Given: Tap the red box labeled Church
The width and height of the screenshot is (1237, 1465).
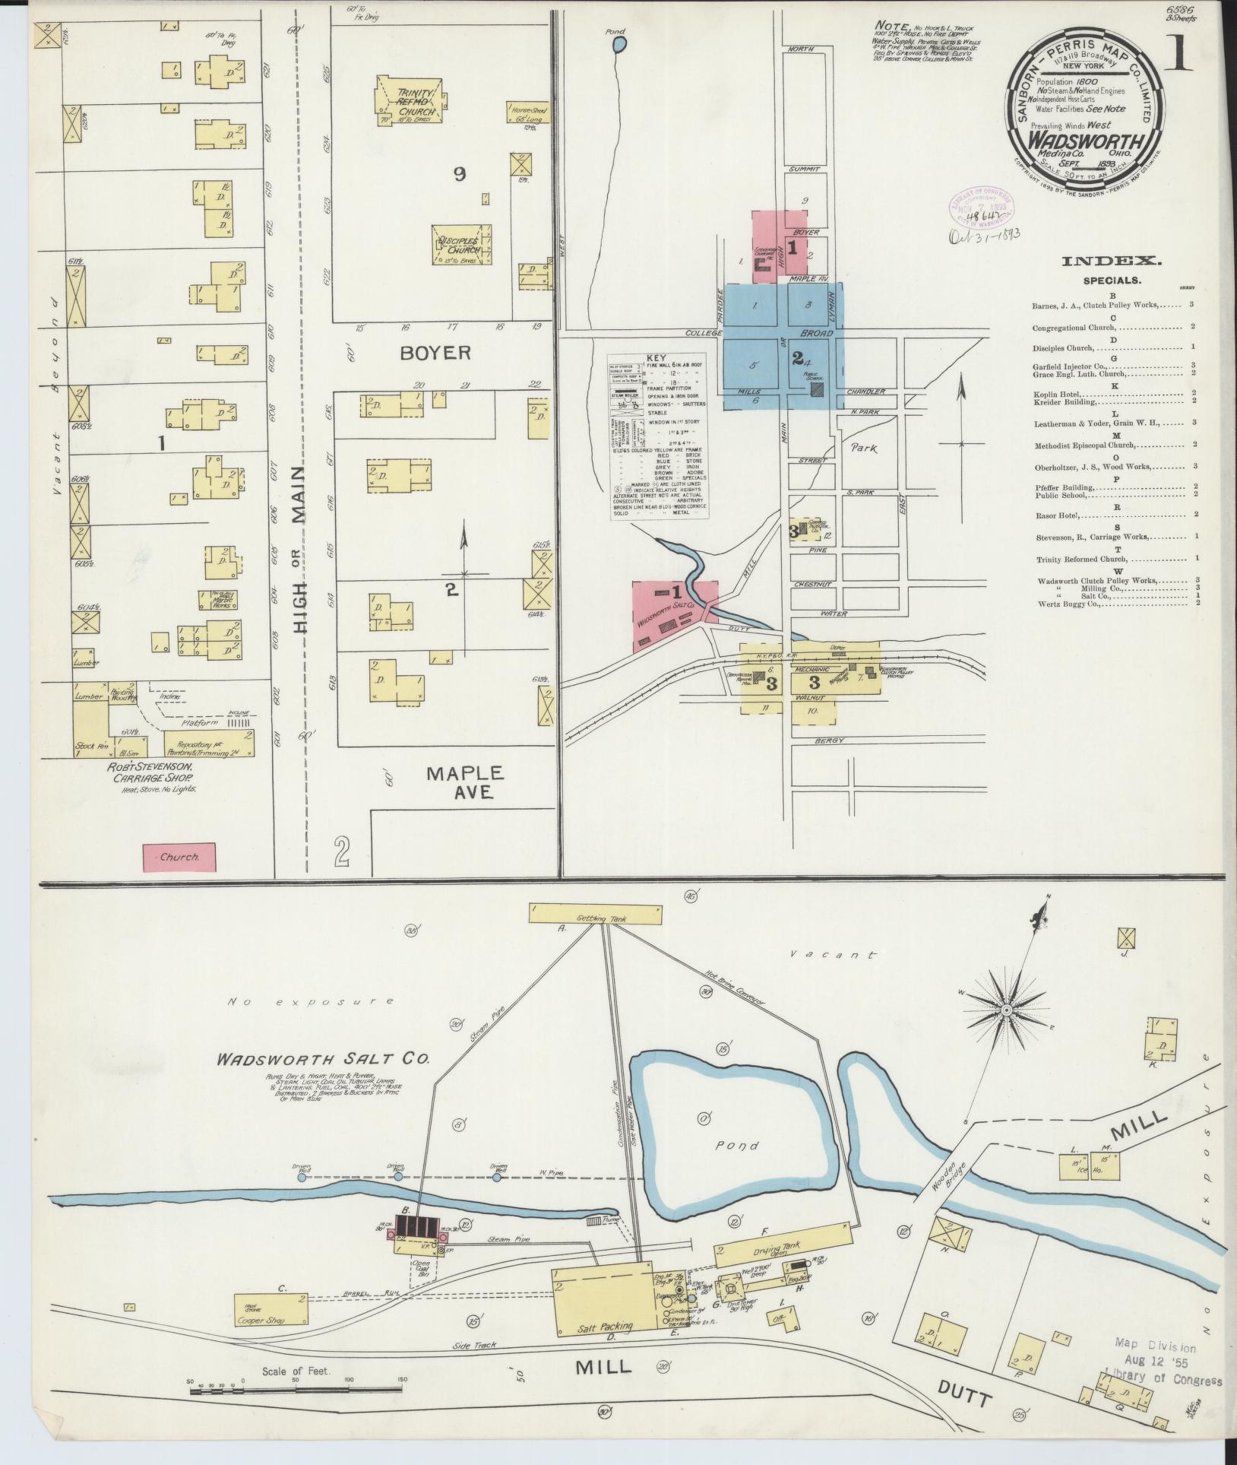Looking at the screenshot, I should click(x=179, y=857).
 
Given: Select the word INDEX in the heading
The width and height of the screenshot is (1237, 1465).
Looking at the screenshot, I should click(x=1110, y=261).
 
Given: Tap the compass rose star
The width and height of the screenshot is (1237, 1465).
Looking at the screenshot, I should click(x=1005, y=1010).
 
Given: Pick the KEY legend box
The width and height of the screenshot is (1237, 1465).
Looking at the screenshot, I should click(x=660, y=436).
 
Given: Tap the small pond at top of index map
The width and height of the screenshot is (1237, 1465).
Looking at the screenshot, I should click(x=619, y=45).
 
